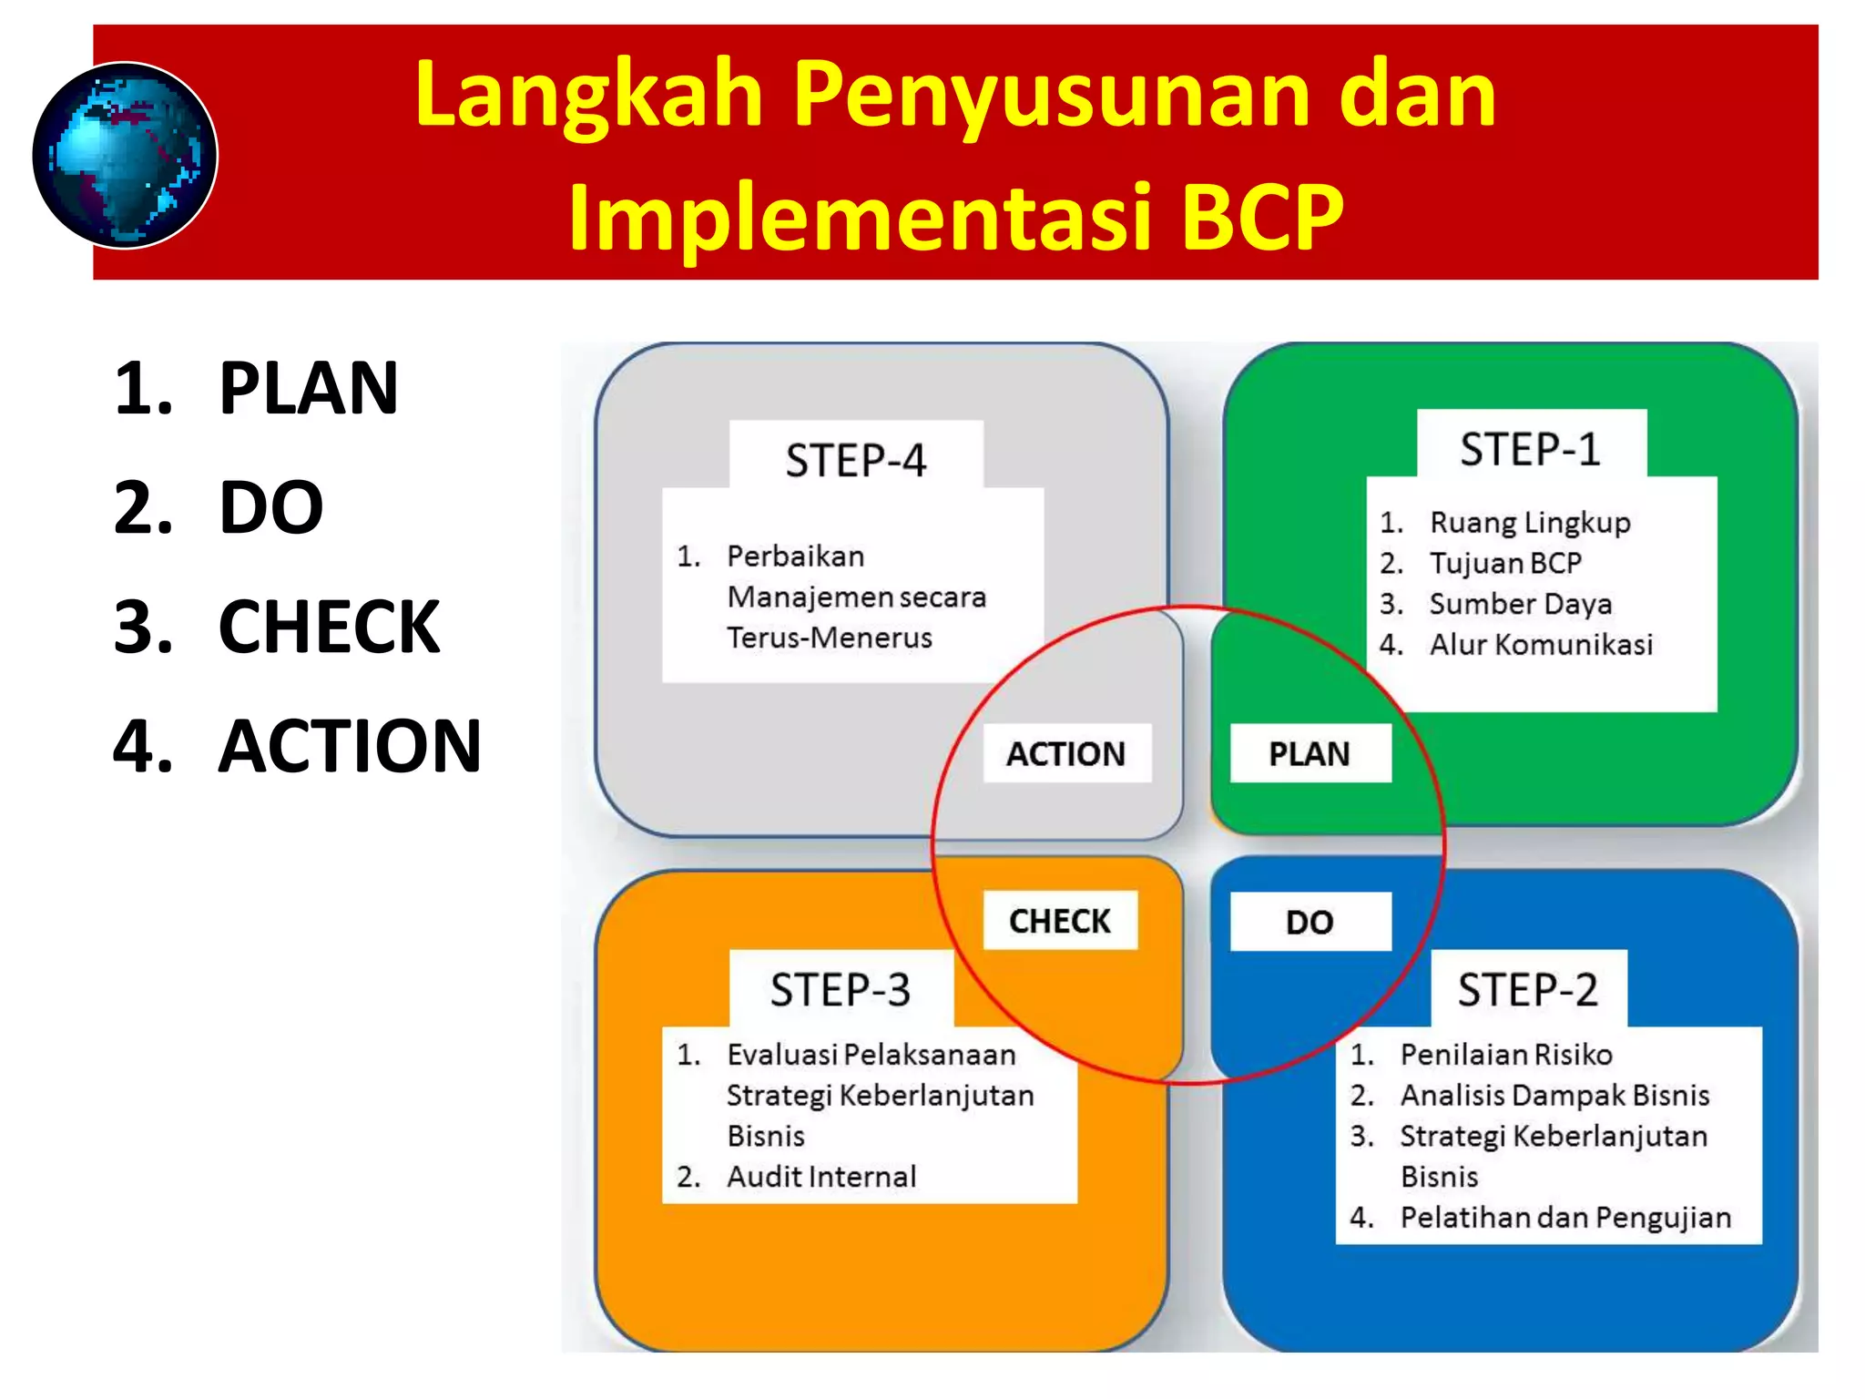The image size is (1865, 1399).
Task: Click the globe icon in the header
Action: coord(125,156)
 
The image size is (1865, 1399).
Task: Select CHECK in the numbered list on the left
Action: coord(329,627)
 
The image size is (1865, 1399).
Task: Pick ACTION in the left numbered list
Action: coord(350,746)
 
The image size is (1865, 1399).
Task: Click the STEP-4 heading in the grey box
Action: coord(855,460)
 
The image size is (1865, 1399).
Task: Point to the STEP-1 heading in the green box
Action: coord(1530,449)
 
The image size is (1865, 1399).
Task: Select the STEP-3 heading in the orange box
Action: coord(840,989)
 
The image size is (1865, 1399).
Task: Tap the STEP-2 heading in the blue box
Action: coord(1527,989)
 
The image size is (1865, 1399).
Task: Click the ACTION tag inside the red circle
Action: coord(1065,753)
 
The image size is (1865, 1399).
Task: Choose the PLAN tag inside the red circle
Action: coord(1309,753)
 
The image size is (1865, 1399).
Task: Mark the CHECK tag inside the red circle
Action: coord(1059,921)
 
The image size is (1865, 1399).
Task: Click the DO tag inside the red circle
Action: coord(1309,923)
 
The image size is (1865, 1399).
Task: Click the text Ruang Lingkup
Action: coord(1529,523)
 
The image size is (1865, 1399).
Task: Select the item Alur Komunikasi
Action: coord(1540,645)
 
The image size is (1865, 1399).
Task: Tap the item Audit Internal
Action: coord(820,1177)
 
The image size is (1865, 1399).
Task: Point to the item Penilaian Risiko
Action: coord(1505,1055)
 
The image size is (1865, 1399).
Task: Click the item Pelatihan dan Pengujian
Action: coord(1564,1218)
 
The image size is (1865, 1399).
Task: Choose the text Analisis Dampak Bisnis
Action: coord(1554,1095)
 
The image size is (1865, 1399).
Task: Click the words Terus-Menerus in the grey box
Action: coord(829,638)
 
